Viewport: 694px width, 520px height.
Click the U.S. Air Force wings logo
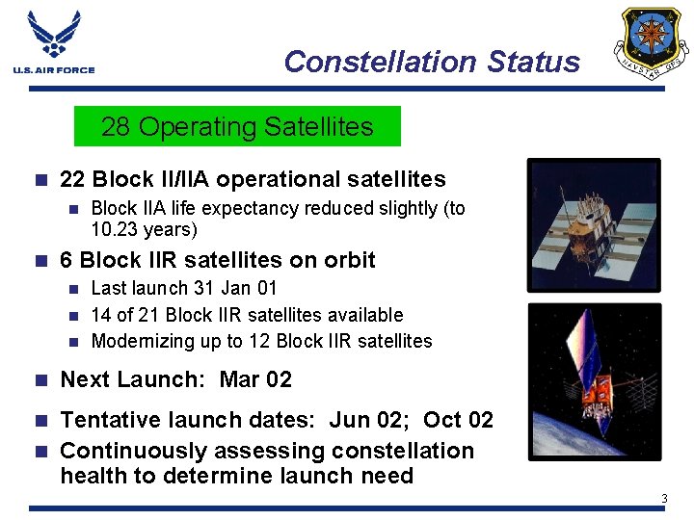coord(54,36)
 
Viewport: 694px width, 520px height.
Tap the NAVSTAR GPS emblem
coord(654,42)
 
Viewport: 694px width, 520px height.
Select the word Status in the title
coord(534,62)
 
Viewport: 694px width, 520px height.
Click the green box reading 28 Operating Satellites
coord(237,126)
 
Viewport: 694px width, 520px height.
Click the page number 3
coord(663,498)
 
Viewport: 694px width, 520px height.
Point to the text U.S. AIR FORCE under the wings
coord(54,69)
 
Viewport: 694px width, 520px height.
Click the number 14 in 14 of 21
coord(101,315)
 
